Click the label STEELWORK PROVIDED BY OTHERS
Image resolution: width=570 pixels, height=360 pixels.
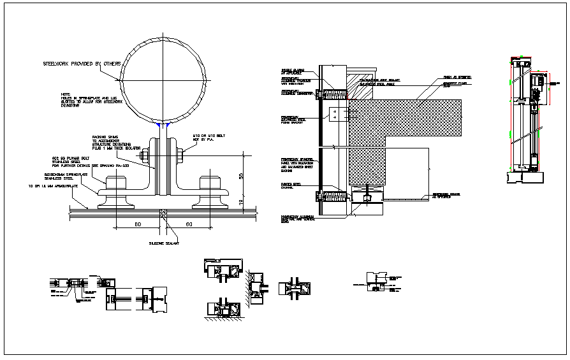(x=81, y=64)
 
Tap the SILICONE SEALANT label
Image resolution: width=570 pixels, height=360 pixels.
(x=163, y=243)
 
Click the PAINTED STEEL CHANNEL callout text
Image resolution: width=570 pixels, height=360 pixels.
(x=291, y=187)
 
